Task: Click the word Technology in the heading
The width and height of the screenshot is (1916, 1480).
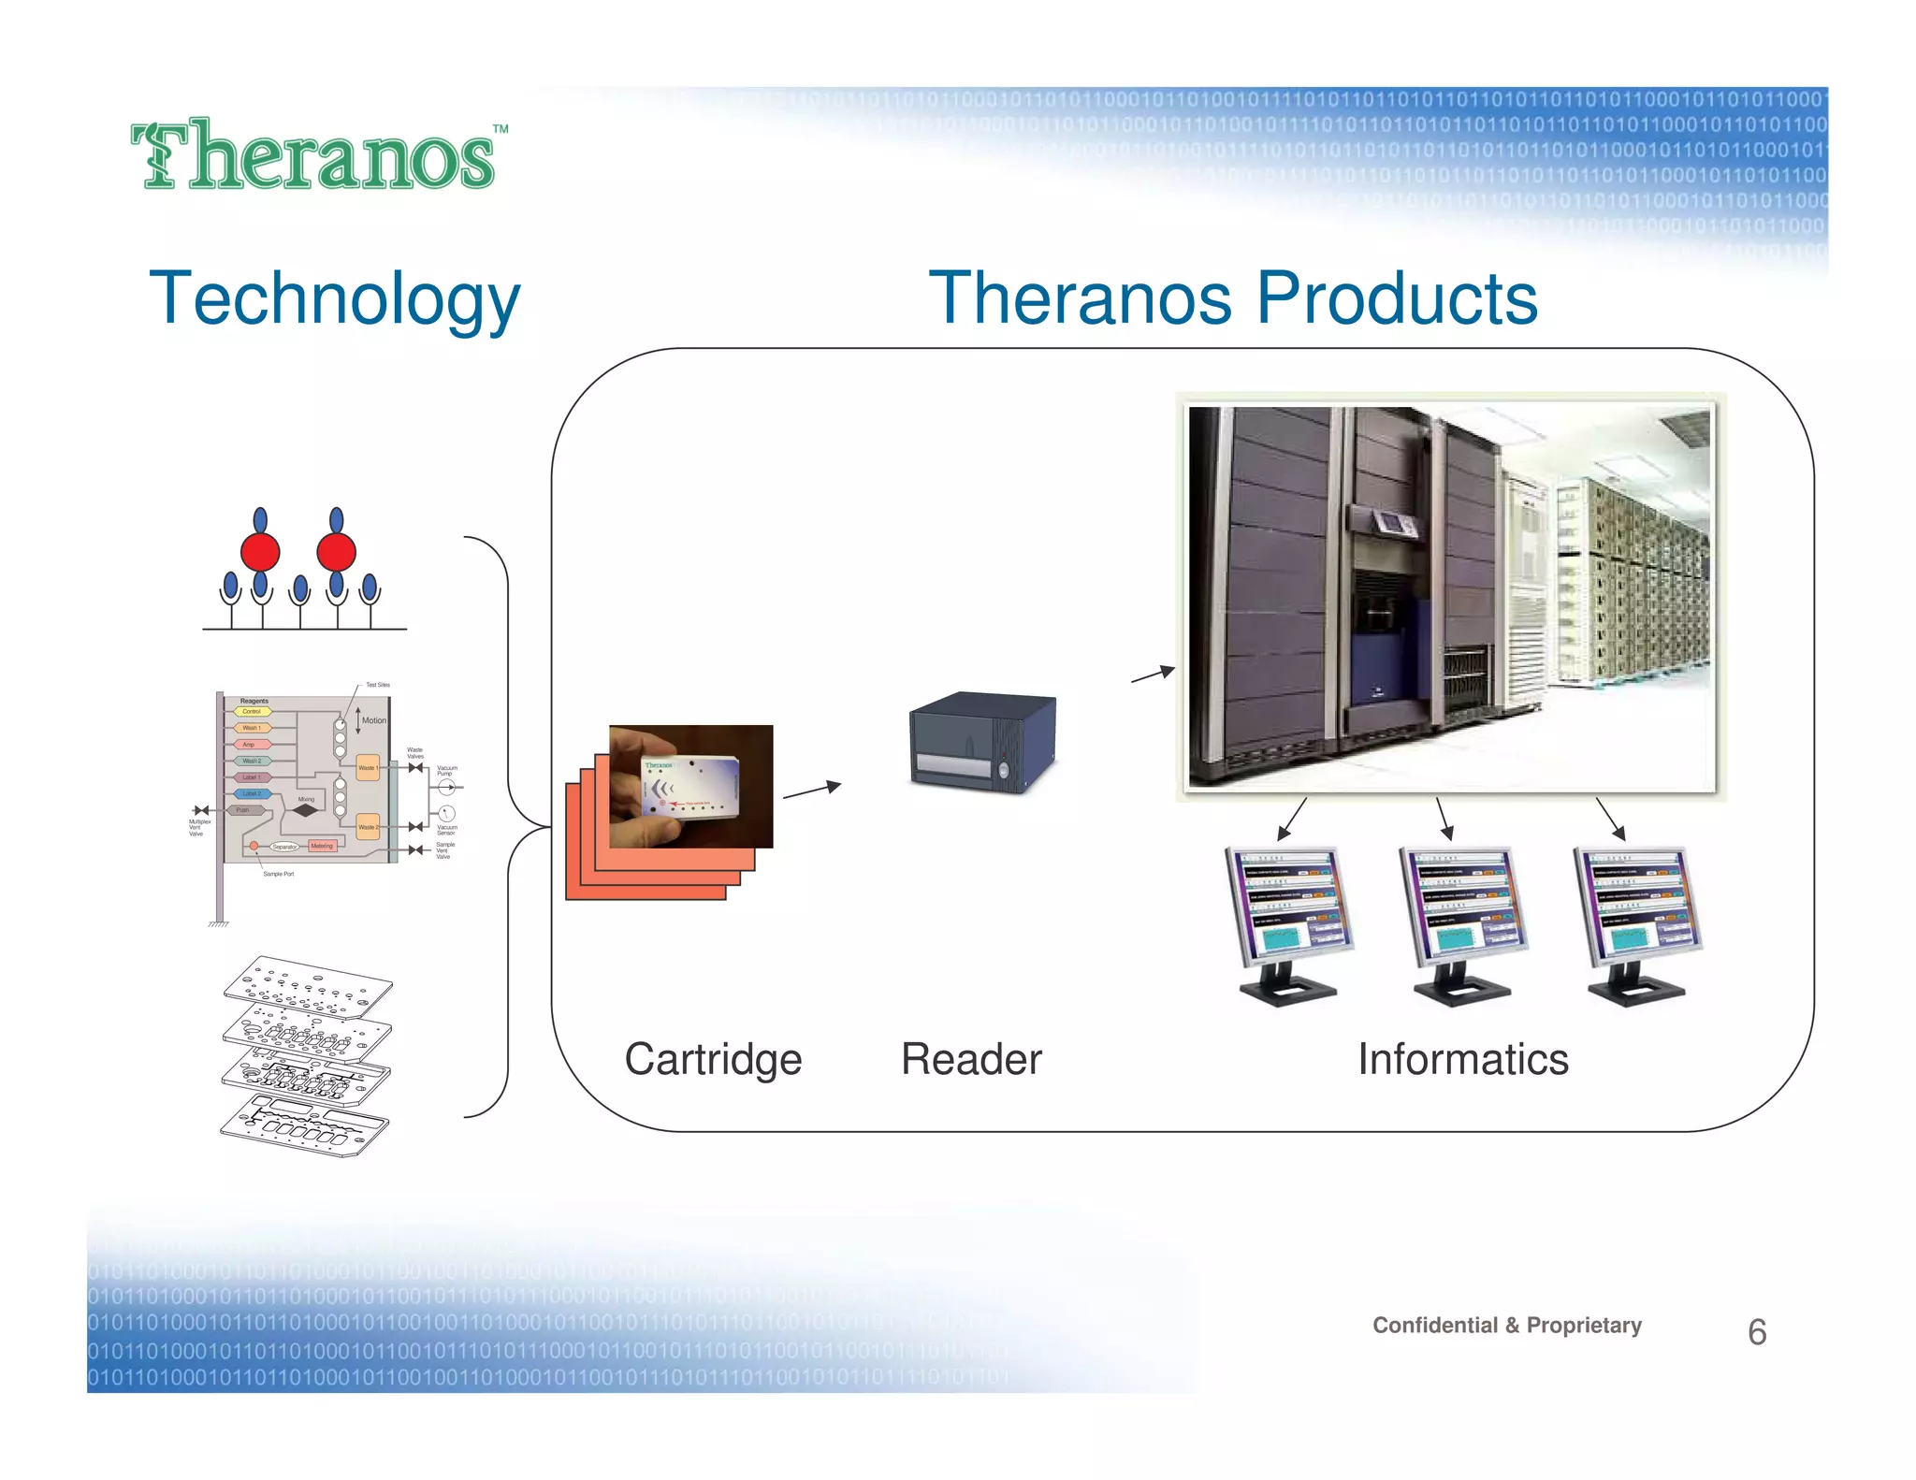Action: click(x=334, y=299)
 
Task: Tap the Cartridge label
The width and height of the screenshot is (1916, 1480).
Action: click(x=713, y=1059)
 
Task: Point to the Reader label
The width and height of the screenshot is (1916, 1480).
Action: click(x=970, y=1059)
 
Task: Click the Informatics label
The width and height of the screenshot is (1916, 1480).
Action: click(x=1462, y=1059)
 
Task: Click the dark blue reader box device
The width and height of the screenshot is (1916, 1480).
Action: click(x=982, y=742)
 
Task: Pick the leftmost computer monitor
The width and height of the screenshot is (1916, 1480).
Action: click(x=1289, y=921)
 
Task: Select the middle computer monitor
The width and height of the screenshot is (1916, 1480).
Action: click(x=1463, y=921)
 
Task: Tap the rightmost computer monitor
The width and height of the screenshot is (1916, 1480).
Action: click(x=1637, y=921)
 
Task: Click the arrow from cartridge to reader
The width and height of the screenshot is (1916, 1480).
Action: click(x=812, y=791)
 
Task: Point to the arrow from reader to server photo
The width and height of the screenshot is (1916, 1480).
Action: click(x=1153, y=674)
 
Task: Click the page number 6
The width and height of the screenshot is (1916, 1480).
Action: click(x=1756, y=1332)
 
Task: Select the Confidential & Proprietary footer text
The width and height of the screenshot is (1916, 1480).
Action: click(x=1506, y=1325)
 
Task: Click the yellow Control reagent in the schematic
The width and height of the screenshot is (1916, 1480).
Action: click(x=252, y=712)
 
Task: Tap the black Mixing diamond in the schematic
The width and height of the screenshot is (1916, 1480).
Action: click(x=306, y=810)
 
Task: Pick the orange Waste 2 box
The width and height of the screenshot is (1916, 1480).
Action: click(x=368, y=827)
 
